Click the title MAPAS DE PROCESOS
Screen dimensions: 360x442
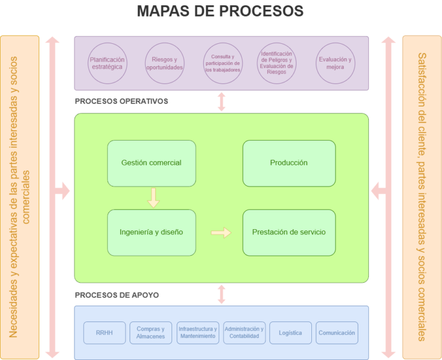(220, 12)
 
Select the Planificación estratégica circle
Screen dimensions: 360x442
(108, 63)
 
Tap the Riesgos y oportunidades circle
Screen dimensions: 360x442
(164, 63)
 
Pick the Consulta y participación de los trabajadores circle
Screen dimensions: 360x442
(223, 63)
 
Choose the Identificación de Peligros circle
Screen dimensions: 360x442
(277, 63)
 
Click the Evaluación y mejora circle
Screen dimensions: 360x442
(336, 63)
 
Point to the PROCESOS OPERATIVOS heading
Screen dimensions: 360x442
(121, 101)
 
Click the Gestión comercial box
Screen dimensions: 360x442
(151, 163)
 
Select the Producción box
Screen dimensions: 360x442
(289, 163)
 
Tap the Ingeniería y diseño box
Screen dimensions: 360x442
(151, 233)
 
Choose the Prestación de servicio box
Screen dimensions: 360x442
(289, 233)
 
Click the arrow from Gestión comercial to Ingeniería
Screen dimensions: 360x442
(153, 198)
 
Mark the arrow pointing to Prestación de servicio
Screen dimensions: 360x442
(220, 233)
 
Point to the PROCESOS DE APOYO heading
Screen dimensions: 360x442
(117, 295)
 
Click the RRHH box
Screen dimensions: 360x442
(104, 333)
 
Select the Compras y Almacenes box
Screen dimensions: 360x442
(151, 333)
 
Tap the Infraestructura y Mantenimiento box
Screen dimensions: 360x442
(198, 333)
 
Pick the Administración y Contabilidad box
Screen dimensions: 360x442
(244, 333)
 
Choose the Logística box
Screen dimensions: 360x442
(290, 333)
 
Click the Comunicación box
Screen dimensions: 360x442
(337, 333)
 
